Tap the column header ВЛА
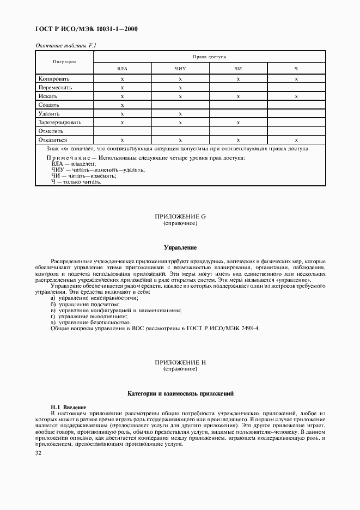tap(123, 69)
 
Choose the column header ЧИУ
tap(180, 69)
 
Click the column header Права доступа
tap(209, 57)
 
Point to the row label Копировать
tap(54, 78)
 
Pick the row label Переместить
tap(56, 87)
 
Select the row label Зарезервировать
tap(60, 122)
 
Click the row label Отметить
tap(51, 131)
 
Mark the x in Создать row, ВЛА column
tap(123, 105)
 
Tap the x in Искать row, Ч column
tap(296, 96)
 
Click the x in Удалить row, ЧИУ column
tap(180, 113)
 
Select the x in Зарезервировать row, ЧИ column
tap(238, 122)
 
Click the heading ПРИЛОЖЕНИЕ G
tap(180, 217)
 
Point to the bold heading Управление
tap(180, 247)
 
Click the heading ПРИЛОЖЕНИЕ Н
tap(180, 362)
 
